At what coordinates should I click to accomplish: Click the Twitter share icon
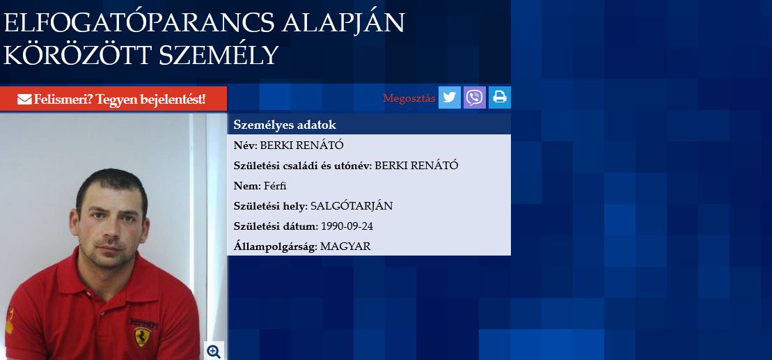(x=450, y=97)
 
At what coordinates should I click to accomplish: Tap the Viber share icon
(x=475, y=97)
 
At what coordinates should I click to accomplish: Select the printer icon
(x=500, y=97)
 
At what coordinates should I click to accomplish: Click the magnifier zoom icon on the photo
(x=214, y=351)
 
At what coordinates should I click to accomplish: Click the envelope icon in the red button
(x=24, y=100)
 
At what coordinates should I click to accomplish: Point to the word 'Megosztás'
(x=409, y=98)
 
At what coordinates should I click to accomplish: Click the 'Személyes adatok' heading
(x=285, y=125)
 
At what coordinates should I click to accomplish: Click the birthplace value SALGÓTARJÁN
(x=352, y=206)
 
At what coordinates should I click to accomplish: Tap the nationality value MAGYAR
(x=345, y=246)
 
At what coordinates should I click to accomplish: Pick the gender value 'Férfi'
(x=275, y=186)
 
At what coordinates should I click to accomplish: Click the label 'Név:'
(x=245, y=146)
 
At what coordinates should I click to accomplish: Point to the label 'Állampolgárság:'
(x=275, y=247)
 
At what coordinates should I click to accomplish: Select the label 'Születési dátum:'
(x=276, y=226)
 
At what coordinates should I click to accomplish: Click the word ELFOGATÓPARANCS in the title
(x=139, y=23)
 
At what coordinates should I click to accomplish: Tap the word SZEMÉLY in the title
(x=219, y=55)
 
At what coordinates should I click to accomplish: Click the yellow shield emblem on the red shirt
(x=143, y=337)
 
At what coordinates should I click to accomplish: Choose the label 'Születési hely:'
(x=271, y=206)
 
